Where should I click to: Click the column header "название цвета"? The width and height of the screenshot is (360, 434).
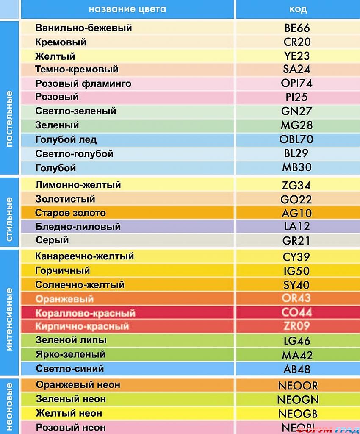(127, 9)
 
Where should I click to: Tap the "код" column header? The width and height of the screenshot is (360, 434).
(297, 9)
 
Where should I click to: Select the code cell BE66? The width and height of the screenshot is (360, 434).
(297, 28)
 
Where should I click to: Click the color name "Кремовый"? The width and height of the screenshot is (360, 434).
(61, 42)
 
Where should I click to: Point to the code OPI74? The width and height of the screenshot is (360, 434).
(297, 83)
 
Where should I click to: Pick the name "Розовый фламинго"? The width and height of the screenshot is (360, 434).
(83, 83)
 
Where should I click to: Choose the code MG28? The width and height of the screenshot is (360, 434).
(297, 125)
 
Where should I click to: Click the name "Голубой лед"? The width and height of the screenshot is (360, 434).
(66, 139)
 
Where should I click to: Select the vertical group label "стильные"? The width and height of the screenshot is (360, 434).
(10, 219)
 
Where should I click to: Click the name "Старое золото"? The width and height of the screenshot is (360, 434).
(70, 213)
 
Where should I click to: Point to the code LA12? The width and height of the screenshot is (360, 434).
(297, 226)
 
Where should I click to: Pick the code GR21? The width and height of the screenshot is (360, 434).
(297, 241)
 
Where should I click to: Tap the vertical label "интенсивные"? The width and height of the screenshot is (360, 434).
(10, 319)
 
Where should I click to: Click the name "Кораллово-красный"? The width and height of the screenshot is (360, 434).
(85, 313)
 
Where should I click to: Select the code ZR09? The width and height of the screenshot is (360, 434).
(297, 326)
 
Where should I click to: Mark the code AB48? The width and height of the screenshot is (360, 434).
(297, 369)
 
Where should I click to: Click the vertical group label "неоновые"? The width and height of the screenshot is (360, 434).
(10, 405)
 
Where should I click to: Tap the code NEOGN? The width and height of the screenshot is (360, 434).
(298, 399)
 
